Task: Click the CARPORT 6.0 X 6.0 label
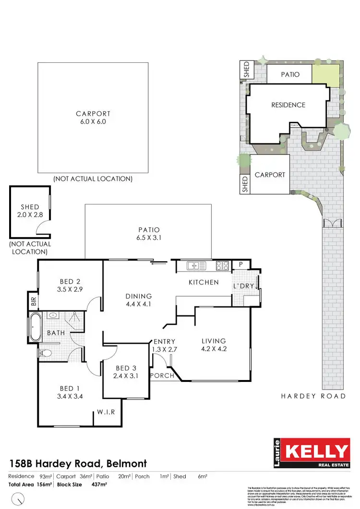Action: point(93,118)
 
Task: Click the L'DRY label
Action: point(244,286)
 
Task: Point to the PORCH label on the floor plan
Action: point(162,376)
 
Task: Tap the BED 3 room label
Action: point(126,372)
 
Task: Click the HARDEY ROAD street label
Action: point(314,396)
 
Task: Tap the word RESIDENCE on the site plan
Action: point(288,105)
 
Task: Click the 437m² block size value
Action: point(98,485)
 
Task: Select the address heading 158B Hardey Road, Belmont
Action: point(78,463)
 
